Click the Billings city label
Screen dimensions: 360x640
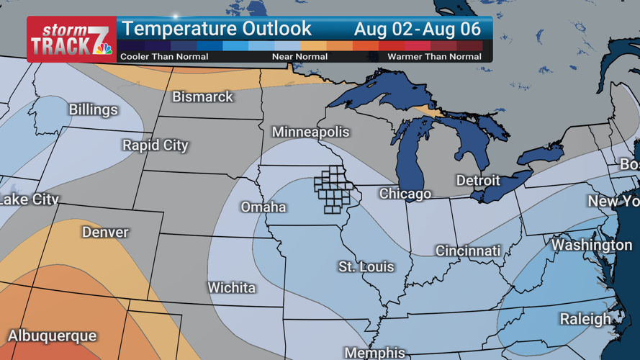(93, 110)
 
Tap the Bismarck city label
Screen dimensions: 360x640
(202, 96)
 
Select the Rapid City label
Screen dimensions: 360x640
(155, 145)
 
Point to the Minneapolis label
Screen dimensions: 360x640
(310, 132)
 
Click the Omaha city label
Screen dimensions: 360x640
(263, 207)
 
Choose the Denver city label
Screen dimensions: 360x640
(105, 233)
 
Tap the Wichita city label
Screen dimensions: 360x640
(231, 288)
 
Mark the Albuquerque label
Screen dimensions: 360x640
(52, 336)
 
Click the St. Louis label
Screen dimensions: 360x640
(366, 267)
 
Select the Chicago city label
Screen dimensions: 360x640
(405, 194)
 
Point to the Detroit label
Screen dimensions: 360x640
(478, 180)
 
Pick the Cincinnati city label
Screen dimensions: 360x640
(468, 251)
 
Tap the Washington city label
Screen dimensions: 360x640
(592, 246)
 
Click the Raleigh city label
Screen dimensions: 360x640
(585, 319)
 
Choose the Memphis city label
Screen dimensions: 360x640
(374, 353)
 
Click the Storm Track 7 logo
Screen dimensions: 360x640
(71, 39)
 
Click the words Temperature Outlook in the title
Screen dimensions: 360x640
(217, 30)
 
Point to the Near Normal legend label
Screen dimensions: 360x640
(299, 56)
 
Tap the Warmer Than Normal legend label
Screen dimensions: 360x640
(434, 56)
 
